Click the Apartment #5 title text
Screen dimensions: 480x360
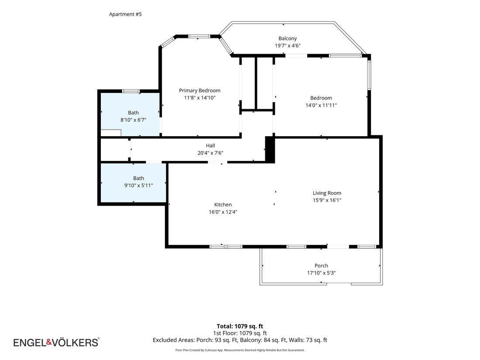(125, 14)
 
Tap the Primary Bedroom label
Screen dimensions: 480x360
(199, 90)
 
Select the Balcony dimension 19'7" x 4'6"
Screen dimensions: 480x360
(288, 46)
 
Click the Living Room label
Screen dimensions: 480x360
(327, 193)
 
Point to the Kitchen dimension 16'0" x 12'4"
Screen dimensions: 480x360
(223, 212)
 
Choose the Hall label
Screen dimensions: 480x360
(210, 145)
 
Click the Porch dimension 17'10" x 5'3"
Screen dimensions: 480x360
(321, 273)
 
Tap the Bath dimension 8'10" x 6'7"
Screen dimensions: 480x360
(133, 120)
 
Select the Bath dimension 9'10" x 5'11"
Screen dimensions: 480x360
(138, 185)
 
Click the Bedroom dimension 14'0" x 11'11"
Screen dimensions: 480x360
(321, 105)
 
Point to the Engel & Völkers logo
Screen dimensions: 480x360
(56, 342)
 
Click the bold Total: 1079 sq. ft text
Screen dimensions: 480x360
(240, 326)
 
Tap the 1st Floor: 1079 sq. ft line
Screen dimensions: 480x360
(240, 333)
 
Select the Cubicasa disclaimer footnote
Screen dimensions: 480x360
(240, 350)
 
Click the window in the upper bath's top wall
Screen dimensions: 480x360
(131, 91)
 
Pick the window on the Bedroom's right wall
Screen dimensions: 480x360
(369, 75)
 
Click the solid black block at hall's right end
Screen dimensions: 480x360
(270, 149)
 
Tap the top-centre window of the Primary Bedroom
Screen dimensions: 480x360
(199, 36)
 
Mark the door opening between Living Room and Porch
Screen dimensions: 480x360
(338, 247)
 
